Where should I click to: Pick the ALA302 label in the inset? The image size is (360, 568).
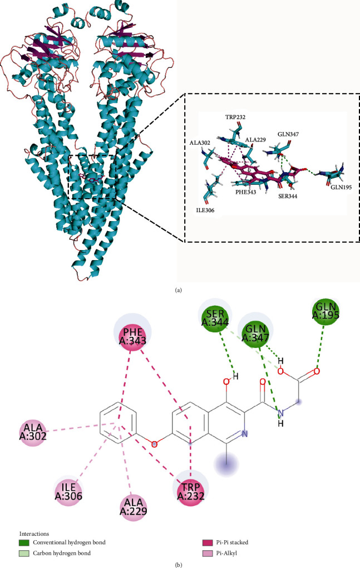click(x=200, y=143)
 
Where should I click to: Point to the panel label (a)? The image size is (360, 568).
click(x=180, y=289)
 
